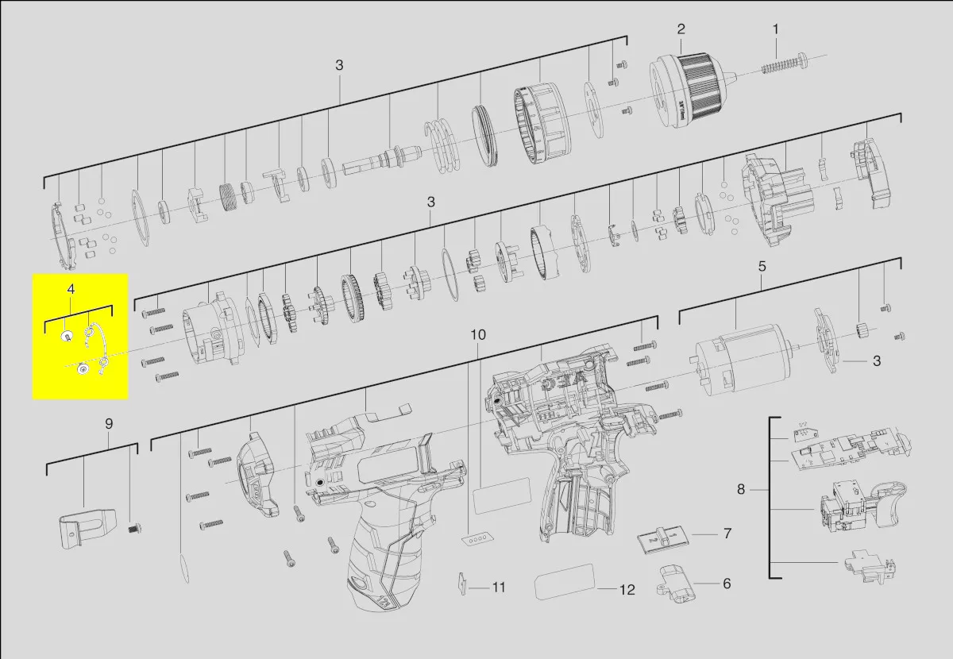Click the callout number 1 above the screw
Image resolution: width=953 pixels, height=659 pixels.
tap(776, 30)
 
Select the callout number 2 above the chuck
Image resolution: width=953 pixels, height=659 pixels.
tap(681, 29)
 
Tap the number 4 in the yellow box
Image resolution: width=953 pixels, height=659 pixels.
tap(71, 289)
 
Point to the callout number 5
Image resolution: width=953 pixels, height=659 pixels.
tap(762, 267)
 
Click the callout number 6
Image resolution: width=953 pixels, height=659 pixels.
tap(727, 584)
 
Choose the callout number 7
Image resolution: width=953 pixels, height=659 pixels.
tap(728, 534)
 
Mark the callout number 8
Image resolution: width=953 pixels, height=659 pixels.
tap(741, 490)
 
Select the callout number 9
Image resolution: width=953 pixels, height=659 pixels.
tap(109, 424)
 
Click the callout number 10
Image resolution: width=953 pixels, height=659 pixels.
tap(478, 335)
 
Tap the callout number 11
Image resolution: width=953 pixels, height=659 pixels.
tap(499, 588)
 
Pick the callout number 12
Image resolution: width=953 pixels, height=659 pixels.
tap(627, 590)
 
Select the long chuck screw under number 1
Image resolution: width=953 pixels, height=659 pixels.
tap(785, 64)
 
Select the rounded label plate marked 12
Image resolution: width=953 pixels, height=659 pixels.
tap(564, 581)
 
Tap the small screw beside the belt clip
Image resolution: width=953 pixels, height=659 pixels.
tap(134, 529)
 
